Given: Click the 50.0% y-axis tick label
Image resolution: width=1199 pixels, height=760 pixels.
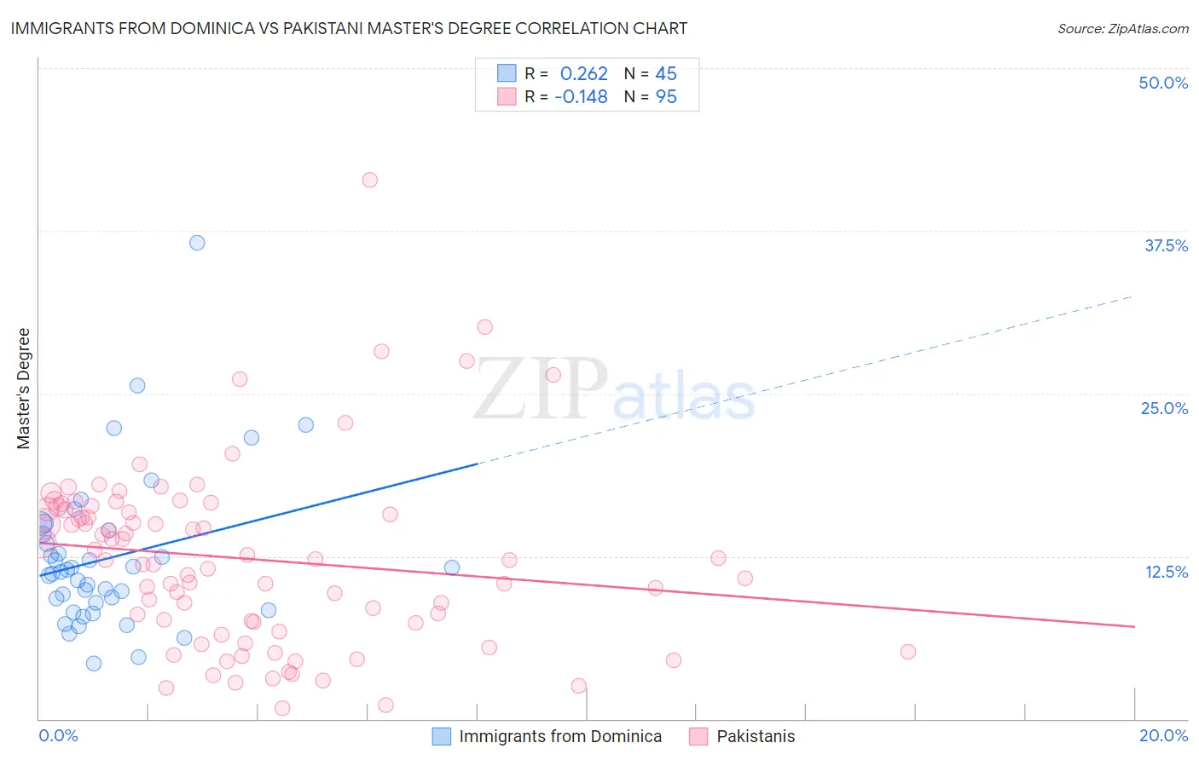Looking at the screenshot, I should (1163, 83).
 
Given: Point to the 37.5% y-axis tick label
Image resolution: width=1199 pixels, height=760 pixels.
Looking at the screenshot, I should (1166, 245).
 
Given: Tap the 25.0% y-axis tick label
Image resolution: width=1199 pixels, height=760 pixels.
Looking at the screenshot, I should (1164, 408).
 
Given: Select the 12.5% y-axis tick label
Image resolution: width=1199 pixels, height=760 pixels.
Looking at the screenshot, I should (1166, 572).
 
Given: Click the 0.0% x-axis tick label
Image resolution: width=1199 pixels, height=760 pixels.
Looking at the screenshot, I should (58, 735).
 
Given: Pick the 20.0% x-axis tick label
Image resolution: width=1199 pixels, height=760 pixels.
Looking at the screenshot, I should (1163, 735).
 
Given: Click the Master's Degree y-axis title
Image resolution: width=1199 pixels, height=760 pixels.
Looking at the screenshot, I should (24, 389).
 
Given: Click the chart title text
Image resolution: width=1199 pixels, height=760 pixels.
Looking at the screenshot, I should (349, 29).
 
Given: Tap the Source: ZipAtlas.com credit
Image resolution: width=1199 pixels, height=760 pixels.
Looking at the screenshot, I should (1122, 29).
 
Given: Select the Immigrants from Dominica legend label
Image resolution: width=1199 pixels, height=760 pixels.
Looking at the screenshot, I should (560, 736).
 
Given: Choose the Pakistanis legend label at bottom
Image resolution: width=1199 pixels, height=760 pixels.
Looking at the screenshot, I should (756, 736).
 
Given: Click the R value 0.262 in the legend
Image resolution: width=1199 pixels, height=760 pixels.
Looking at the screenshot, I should (583, 74).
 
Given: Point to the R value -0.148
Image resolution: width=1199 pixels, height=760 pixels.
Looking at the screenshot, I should (581, 97).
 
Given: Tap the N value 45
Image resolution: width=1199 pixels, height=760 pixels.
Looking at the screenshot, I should (665, 74).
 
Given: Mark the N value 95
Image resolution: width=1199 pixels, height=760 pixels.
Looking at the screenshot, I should (665, 97).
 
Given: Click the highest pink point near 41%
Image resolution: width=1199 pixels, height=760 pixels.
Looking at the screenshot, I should (369, 180).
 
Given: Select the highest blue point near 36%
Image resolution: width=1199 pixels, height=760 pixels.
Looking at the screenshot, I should (197, 243).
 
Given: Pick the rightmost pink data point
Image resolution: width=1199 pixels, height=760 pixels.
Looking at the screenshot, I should (907, 652).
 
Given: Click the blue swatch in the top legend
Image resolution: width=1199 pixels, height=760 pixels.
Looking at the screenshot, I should (507, 73).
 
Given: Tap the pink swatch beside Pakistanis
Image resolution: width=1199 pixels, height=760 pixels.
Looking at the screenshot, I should (698, 736).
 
